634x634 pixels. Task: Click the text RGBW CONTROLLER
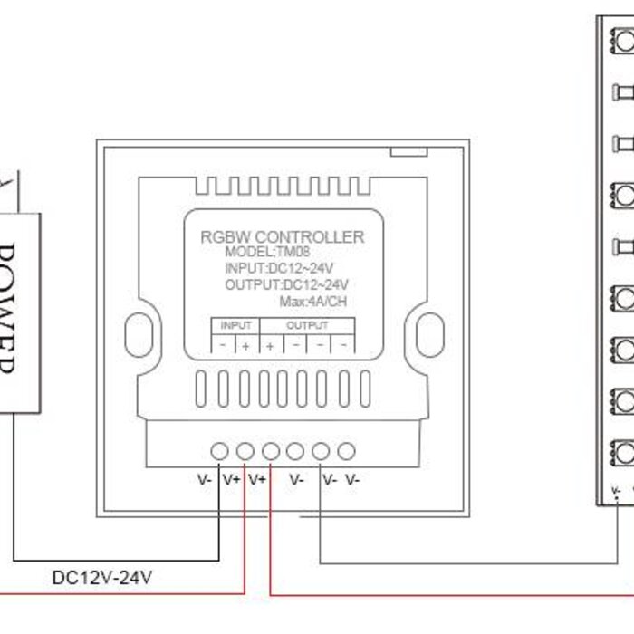282,237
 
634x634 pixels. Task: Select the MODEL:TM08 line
267,252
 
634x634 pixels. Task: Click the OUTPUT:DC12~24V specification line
286,285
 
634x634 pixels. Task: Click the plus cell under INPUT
246,345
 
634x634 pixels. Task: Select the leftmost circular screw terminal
220,451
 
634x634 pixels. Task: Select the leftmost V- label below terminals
204,480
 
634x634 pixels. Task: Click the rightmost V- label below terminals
352,480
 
